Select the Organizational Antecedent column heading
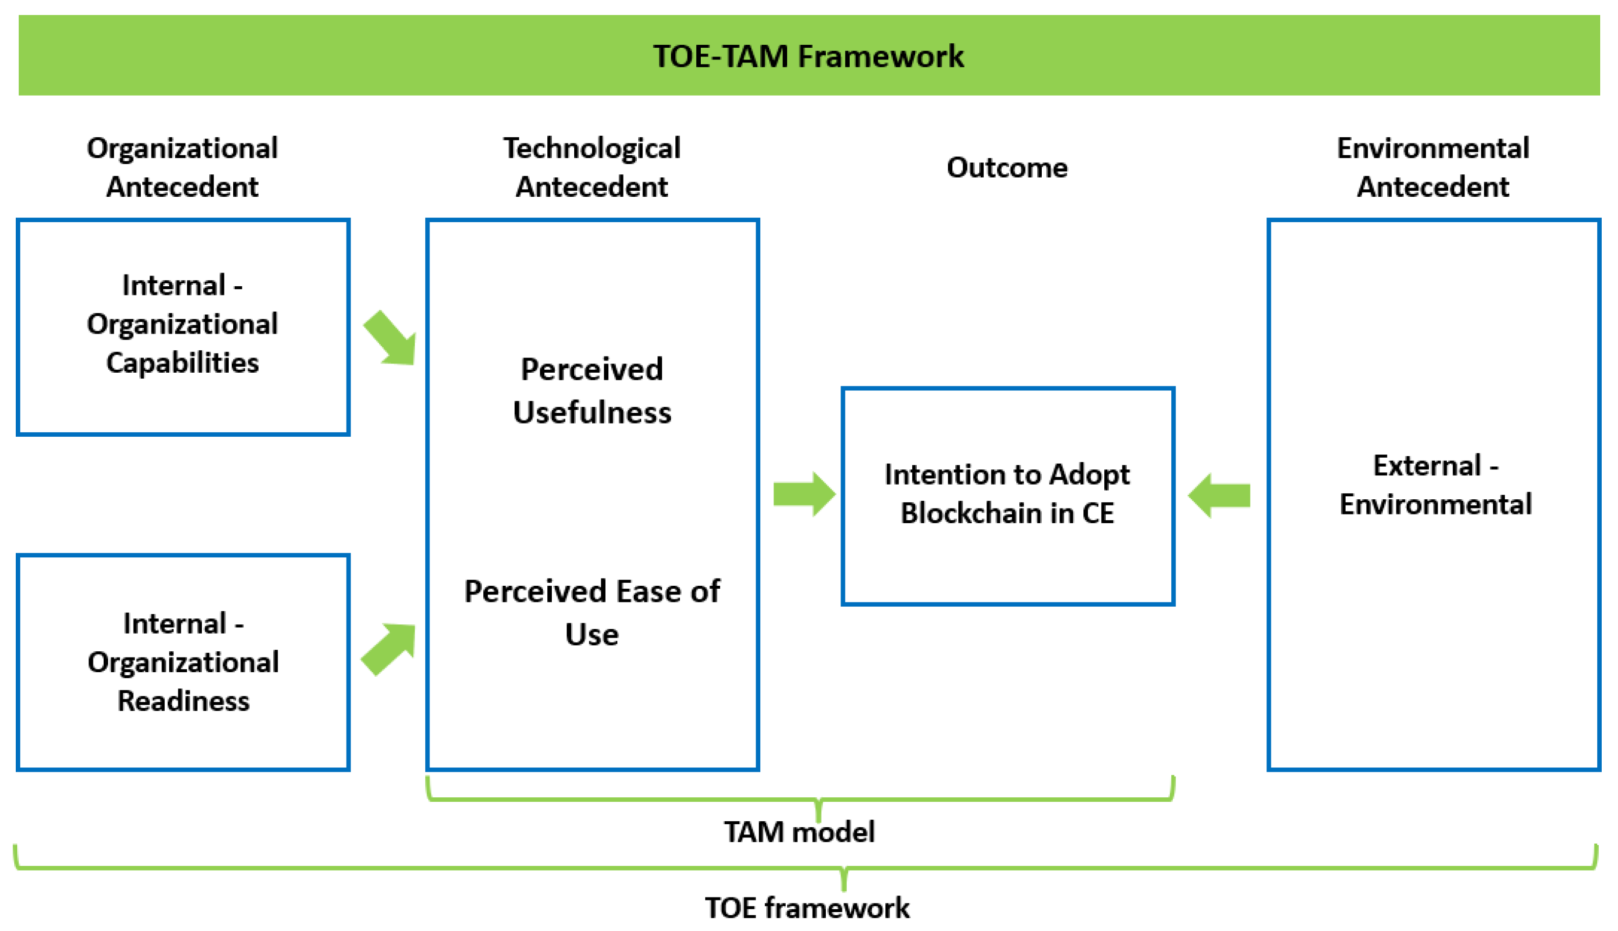(x=182, y=167)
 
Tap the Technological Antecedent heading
(x=592, y=167)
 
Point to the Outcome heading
(x=1007, y=167)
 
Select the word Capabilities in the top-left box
(x=182, y=363)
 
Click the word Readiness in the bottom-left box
(x=183, y=701)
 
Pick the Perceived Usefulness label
(x=592, y=390)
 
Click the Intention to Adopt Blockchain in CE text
(x=1007, y=493)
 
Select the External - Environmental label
(x=1435, y=485)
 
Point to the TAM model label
(x=799, y=832)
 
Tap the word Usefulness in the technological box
(x=592, y=412)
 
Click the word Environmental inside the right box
(x=1435, y=504)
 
